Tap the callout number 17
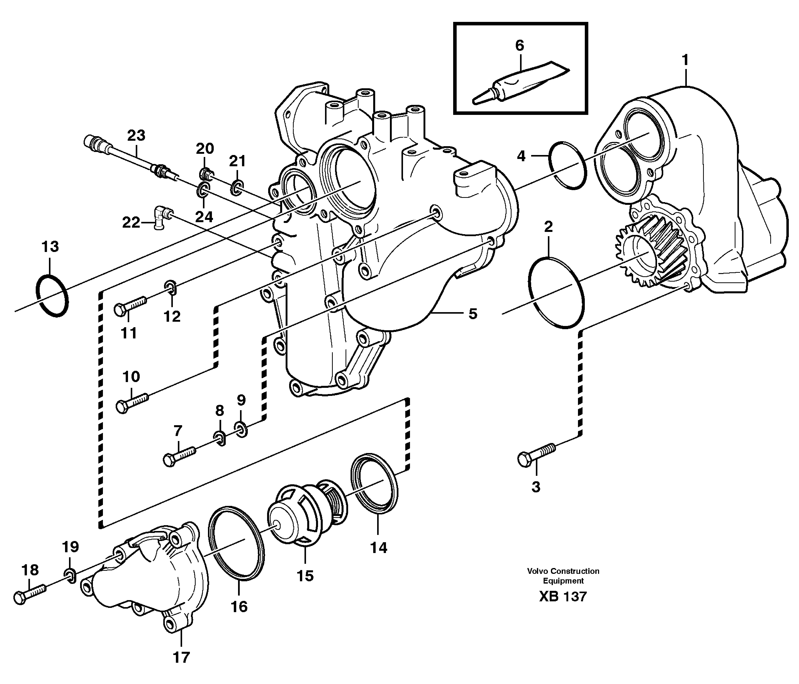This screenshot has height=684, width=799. point(181,657)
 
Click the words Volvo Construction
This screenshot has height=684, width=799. point(563,571)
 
